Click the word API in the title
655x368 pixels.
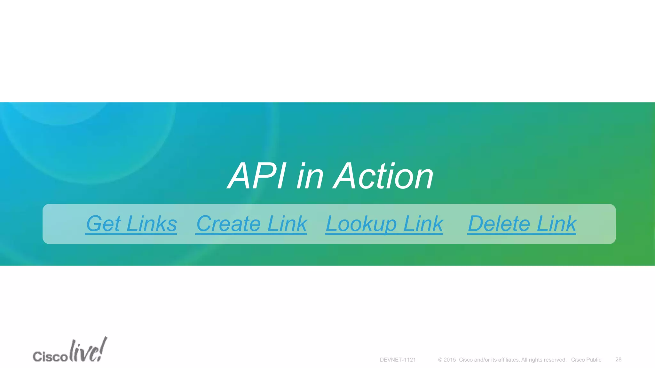click(257, 176)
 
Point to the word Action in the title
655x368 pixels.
click(383, 176)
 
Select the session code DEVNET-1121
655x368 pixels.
click(398, 360)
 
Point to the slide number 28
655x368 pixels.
click(618, 360)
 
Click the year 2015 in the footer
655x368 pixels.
click(450, 360)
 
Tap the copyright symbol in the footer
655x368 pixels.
click(440, 360)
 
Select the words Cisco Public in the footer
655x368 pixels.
click(586, 360)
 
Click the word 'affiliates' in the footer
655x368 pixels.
click(509, 360)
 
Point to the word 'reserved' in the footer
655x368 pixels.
click(556, 360)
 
